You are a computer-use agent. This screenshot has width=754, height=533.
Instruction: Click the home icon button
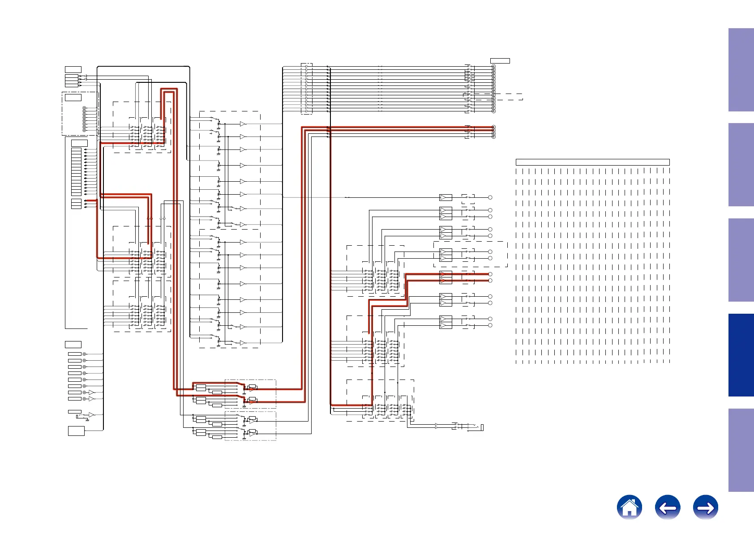pos(629,507)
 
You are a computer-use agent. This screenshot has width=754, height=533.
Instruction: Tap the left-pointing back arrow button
pos(667,507)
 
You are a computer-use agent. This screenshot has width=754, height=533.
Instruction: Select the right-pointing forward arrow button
pos(705,507)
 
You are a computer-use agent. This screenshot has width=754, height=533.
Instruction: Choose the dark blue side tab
pos(741,355)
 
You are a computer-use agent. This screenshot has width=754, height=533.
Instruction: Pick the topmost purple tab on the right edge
pos(741,69)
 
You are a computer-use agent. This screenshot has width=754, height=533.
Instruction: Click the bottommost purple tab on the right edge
pos(741,450)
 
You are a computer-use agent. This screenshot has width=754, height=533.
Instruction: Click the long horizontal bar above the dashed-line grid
pos(592,162)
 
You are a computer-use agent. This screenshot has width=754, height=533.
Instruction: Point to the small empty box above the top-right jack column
pos(500,60)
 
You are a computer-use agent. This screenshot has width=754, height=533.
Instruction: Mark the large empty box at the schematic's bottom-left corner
pos(76,431)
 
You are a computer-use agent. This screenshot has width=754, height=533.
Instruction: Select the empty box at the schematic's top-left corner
pos(73,69)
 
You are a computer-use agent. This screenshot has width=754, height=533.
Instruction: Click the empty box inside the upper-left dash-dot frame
pos(73,97)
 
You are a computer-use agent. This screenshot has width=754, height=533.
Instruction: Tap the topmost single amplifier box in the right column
pos(446,197)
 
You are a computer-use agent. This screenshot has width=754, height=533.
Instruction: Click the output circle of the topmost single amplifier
pos(490,197)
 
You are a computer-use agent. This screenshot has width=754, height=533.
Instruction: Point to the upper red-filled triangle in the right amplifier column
pos(443,274)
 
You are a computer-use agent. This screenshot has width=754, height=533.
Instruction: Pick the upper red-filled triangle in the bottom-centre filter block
pos(252,389)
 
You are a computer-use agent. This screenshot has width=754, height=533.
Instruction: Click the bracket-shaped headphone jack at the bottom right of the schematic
pos(482,428)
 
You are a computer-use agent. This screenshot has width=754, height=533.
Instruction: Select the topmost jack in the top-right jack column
pos(493,67)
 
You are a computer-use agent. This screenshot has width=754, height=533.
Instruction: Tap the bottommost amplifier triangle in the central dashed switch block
pos(242,343)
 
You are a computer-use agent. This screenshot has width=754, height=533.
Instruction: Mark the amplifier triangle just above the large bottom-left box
pos(91,415)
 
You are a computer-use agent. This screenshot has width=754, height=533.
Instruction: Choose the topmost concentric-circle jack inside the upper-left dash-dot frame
pos(84,108)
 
